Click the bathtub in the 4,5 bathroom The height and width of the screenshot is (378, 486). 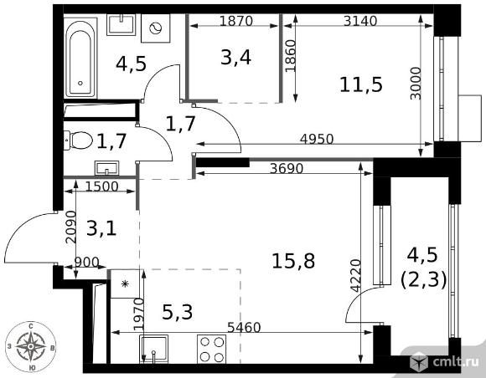(x=80, y=58)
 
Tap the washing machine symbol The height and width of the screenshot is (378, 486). (x=156, y=28)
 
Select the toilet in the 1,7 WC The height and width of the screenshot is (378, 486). (x=78, y=140)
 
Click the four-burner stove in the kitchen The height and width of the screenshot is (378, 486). (x=212, y=350)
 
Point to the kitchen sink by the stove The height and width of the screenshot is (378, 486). (x=153, y=349)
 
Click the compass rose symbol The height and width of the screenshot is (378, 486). (x=31, y=346)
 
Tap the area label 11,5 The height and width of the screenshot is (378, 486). (x=361, y=84)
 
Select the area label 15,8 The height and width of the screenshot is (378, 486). (x=293, y=260)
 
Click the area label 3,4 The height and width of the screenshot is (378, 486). (x=235, y=58)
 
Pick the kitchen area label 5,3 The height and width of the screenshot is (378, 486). (x=178, y=312)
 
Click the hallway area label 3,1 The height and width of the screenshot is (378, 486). (x=101, y=229)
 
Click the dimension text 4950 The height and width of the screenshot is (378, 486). (x=317, y=139)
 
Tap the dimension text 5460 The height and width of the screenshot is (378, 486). (x=244, y=327)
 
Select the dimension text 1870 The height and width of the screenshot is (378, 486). (x=236, y=21)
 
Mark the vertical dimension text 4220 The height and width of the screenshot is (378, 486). (x=356, y=276)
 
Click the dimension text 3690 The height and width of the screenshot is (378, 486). (x=287, y=169)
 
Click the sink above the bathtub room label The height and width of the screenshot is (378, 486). (x=121, y=25)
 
